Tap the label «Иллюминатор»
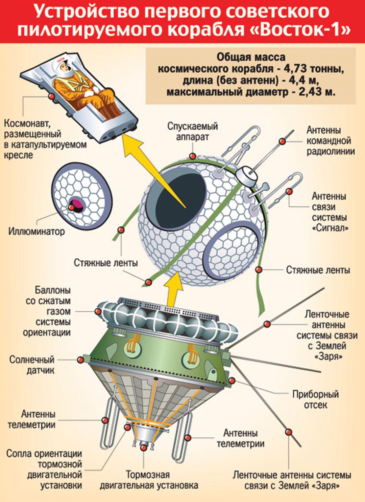coord(36,232)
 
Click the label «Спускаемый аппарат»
coord(192,131)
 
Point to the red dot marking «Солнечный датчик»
coord(80,359)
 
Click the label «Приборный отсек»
coord(315,399)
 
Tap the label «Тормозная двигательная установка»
coord(149,480)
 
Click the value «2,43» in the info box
coord(310,92)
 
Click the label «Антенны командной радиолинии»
coord(330,140)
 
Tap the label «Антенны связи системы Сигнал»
coord(330,212)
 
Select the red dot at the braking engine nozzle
coord(144,448)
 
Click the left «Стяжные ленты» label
coord(105,263)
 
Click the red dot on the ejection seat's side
coord(52,96)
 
